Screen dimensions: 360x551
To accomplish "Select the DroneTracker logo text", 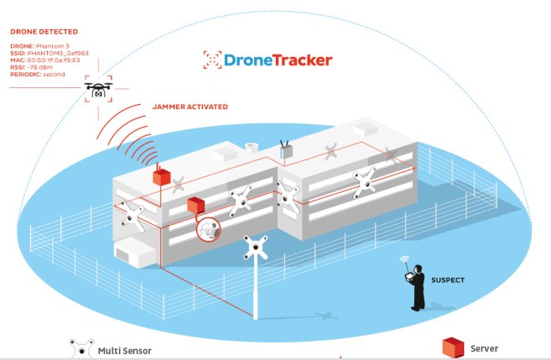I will coord(278,60).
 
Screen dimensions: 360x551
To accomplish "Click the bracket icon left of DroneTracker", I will coord(211,60).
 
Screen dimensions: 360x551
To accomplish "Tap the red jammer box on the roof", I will coord(161,176).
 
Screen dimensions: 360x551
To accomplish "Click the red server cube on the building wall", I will coord(196,206).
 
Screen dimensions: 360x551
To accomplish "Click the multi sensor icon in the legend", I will coord(81,348).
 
